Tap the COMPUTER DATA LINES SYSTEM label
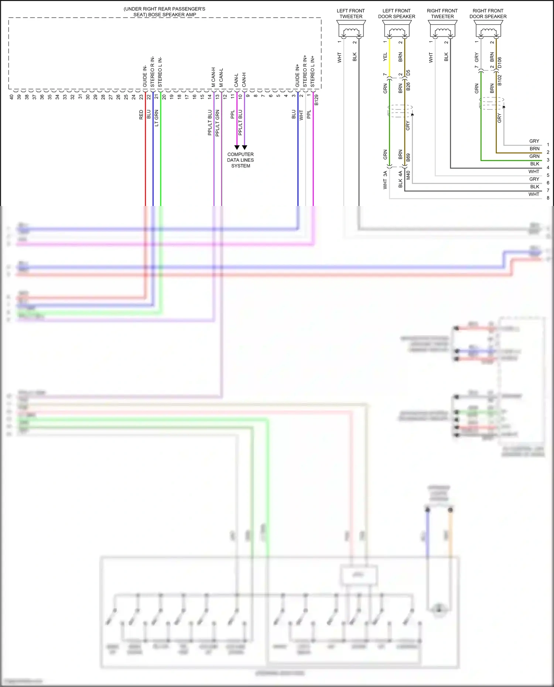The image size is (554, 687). (x=240, y=160)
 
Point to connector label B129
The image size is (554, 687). (x=317, y=100)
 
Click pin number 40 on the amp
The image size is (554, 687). (x=11, y=97)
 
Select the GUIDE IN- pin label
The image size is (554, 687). (x=145, y=76)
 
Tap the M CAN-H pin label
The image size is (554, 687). (x=213, y=77)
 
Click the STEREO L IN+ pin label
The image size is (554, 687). (x=312, y=72)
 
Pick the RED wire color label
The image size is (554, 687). (x=141, y=114)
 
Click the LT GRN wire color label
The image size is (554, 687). (x=156, y=118)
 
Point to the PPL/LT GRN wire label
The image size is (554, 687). (x=218, y=123)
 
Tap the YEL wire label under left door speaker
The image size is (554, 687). (x=385, y=56)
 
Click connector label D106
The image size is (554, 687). (x=500, y=62)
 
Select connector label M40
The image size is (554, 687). (x=408, y=175)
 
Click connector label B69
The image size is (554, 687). (x=408, y=158)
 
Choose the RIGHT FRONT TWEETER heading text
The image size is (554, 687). (x=442, y=14)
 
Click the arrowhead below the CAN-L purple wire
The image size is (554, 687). (x=237, y=147)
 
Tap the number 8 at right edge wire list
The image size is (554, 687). (x=548, y=198)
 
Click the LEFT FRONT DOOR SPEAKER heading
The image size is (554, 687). (x=396, y=14)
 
